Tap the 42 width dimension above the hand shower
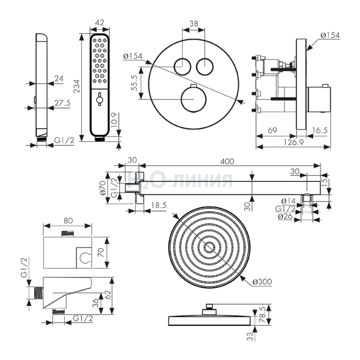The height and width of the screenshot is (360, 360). coord(100,23)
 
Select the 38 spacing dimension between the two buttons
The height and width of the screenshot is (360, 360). coord(194,24)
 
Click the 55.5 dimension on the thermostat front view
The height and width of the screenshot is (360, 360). coord(134,83)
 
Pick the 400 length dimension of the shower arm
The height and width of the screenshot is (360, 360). coord(227,161)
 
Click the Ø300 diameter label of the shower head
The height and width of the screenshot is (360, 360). coord(262,281)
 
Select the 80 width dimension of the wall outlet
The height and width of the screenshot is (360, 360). coord(68,220)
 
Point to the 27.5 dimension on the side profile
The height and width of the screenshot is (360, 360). coord(62,103)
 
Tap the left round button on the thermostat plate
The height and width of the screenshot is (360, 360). coord(182,66)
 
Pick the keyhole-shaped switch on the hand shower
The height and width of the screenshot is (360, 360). coord(99,98)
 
